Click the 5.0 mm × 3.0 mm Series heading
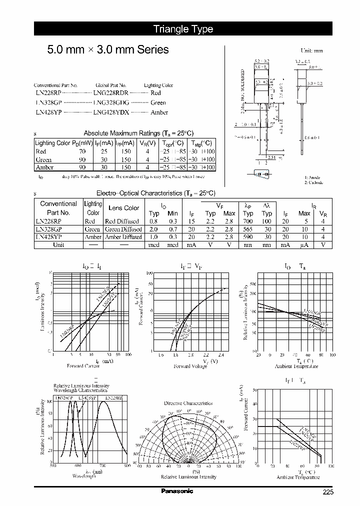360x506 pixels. [x=107, y=49]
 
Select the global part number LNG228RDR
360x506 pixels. [x=111, y=93]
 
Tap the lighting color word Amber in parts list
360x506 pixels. [x=159, y=113]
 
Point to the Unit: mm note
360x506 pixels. [x=311, y=50]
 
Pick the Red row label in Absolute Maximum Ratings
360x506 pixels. [x=40, y=151]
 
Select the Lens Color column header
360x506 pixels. [x=123, y=208]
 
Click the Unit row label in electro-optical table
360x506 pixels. [x=58, y=245]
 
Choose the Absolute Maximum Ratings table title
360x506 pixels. [x=138, y=133]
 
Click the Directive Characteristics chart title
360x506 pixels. [x=188, y=403]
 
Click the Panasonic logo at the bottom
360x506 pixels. [x=176, y=491]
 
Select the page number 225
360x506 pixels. [x=327, y=492]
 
